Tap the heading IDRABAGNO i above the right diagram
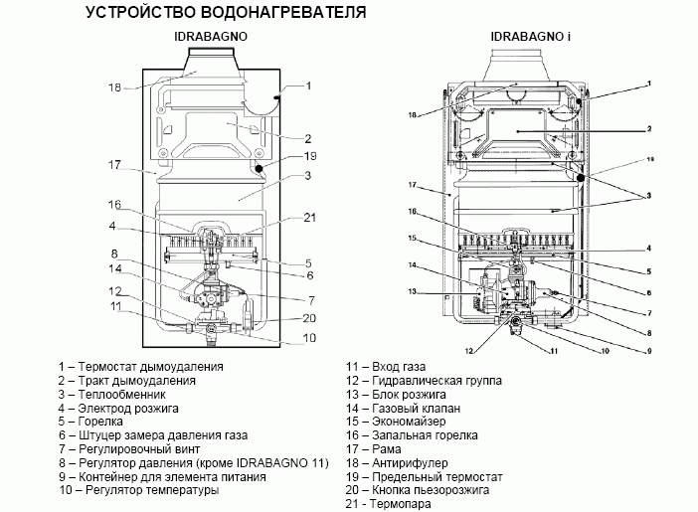(x=530, y=37)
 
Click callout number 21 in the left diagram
(x=309, y=218)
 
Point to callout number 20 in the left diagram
(x=309, y=318)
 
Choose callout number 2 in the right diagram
(x=647, y=129)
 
